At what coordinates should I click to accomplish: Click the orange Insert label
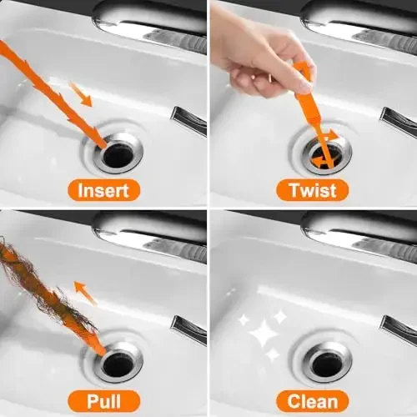point(103,191)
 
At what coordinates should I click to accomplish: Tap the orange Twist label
point(312,191)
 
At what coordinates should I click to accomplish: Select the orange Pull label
point(103,399)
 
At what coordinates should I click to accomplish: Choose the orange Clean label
point(312,399)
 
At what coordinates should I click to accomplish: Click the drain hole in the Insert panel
point(118,153)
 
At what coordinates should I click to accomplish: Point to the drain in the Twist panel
point(326,153)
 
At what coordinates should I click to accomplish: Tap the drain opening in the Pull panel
point(118,362)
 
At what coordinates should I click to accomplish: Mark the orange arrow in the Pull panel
point(85,292)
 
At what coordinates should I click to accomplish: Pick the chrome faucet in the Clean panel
point(359,229)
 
